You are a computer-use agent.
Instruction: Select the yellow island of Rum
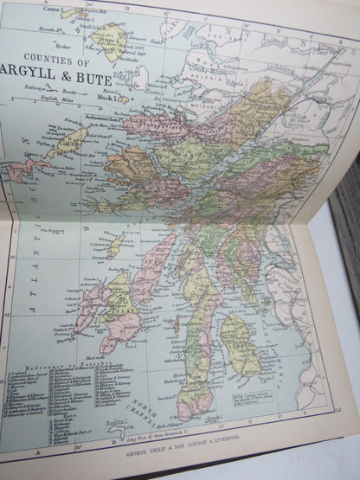point(109,40)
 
